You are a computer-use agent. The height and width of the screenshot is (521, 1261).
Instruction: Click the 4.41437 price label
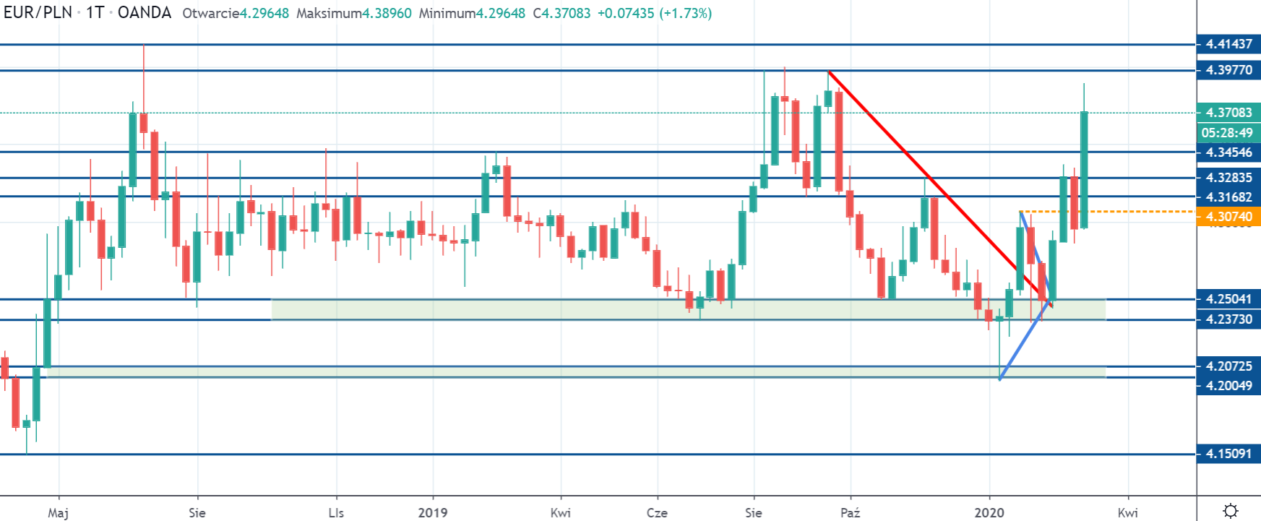coord(1228,44)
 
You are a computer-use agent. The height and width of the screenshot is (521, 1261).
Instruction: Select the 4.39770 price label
coord(1228,70)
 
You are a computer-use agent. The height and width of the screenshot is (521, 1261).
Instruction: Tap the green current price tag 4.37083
coord(1228,113)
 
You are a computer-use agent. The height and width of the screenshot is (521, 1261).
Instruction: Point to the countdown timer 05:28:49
coord(1227,133)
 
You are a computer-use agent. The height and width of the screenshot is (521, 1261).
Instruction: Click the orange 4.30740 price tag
coord(1228,217)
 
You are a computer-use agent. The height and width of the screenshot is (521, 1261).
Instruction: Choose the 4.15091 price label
coord(1228,455)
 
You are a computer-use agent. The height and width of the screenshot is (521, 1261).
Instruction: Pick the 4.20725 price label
coord(1228,366)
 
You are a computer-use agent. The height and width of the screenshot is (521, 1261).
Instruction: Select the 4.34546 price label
coord(1228,152)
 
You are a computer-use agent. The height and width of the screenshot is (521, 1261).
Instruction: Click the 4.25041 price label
coord(1228,299)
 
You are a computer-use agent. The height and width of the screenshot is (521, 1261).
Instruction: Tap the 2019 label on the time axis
coord(433,512)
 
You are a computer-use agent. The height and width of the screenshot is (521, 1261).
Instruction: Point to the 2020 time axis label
coord(989,512)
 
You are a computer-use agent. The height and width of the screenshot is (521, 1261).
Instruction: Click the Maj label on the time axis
coord(58,512)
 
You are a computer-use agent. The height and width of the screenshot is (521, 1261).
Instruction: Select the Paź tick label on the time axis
coord(851,512)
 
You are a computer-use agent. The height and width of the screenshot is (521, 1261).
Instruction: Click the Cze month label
coord(657,512)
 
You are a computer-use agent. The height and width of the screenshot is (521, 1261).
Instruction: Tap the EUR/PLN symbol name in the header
coord(38,13)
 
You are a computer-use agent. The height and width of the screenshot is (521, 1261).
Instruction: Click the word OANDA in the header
coord(145,13)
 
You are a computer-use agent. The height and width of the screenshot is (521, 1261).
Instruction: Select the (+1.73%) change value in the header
coord(685,13)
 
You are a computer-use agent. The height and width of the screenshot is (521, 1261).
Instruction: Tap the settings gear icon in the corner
coord(1231,511)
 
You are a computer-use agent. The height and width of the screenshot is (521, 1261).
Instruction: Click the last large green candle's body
coord(1084,170)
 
